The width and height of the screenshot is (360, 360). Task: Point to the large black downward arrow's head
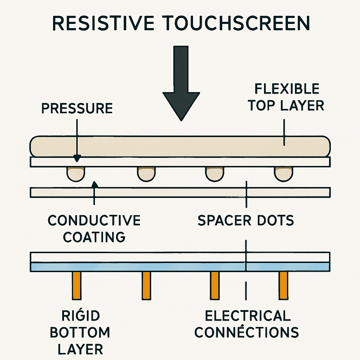pyautogui.click(x=181, y=102)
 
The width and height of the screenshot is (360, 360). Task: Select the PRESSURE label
pyautogui.click(x=77, y=108)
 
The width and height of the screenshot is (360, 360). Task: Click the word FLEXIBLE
pyautogui.click(x=287, y=89)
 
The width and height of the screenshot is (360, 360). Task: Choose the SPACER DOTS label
pyautogui.click(x=246, y=220)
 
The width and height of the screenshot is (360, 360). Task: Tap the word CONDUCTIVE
pyautogui.click(x=94, y=220)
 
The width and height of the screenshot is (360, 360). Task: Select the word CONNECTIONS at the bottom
pyautogui.click(x=246, y=332)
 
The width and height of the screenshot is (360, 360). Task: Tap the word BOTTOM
pyautogui.click(x=80, y=332)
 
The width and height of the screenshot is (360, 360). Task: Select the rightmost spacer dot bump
pyautogui.click(x=283, y=173)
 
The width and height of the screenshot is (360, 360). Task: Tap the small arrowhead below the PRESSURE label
pyautogui.click(x=77, y=159)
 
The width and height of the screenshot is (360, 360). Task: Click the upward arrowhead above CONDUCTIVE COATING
pyautogui.click(x=94, y=184)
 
